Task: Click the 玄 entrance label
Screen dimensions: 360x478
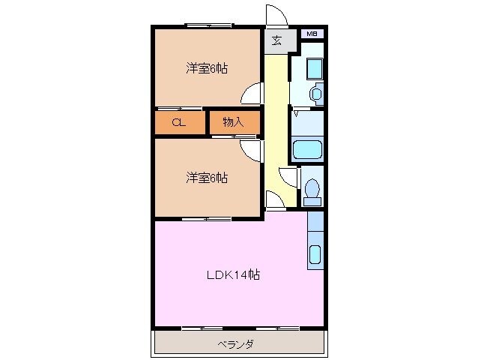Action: (x=276, y=40)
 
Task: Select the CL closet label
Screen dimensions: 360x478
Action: (x=178, y=122)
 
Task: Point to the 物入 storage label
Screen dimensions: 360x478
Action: (x=233, y=122)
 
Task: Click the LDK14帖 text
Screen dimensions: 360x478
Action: (x=233, y=275)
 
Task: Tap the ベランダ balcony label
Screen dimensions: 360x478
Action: (x=235, y=344)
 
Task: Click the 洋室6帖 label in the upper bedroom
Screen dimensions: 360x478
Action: (x=207, y=68)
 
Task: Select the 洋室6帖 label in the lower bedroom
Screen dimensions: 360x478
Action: (x=207, y=178)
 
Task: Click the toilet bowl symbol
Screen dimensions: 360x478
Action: (x=312, y=191)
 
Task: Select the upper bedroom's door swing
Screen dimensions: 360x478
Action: (x=252, y=93)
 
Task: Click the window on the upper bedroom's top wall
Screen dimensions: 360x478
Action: (x=208, y=26)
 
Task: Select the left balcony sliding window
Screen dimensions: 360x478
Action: (x=202, y=328)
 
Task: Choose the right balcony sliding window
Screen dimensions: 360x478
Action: (x=277, y=328)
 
